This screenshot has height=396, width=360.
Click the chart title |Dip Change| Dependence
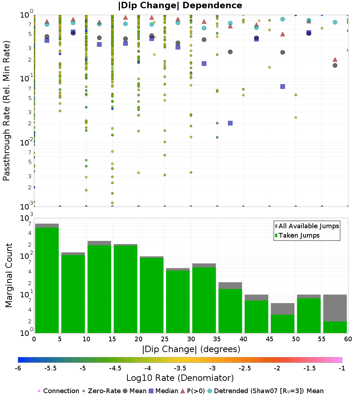click(x=180, y=5)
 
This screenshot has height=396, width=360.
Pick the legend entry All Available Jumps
click(x=307, y=226)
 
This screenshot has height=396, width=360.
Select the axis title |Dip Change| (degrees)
click(x=191, y=349)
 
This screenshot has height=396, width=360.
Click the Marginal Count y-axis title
click(x=9, y=275)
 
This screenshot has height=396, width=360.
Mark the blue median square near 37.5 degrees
click(x=230, y=123)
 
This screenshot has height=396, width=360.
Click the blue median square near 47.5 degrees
click(x=283, y=86)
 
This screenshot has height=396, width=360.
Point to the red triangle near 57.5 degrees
click(x=335, y=59)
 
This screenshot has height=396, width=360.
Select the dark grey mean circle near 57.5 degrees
click(x=335, y=65)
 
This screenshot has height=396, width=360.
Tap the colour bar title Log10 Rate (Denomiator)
click(x=180, y=378)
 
